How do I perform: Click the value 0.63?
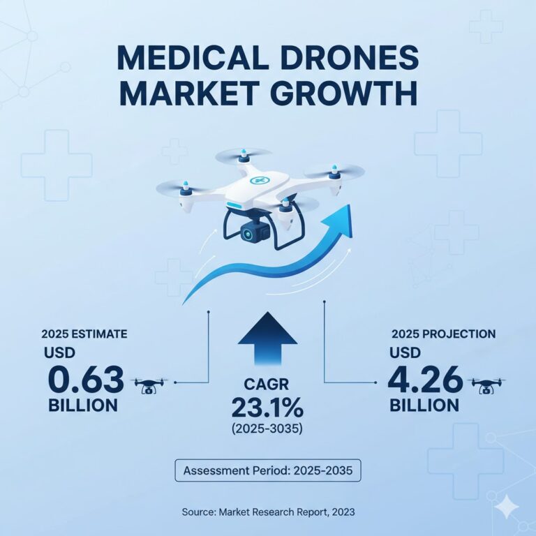click(86, 380)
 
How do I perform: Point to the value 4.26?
click(425, 380)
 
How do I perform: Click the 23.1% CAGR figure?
click(268, 407)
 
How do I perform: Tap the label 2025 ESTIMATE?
click(84, 334)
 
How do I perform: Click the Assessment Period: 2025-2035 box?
click(268, 471)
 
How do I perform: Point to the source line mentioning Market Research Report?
click(268, 512)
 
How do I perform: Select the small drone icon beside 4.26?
click(487, 384)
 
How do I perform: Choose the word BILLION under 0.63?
click(83, 405)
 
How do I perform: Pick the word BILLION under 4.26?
click(424, 405)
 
